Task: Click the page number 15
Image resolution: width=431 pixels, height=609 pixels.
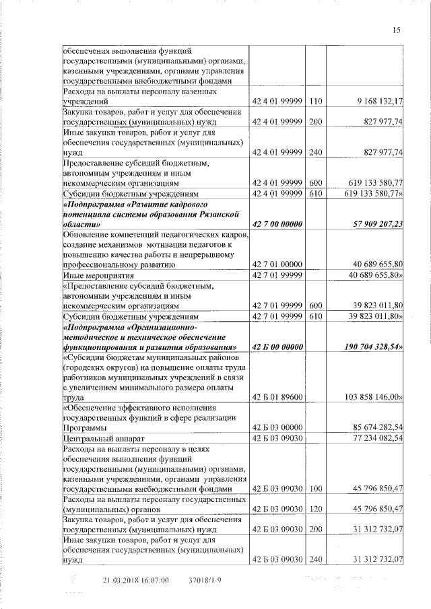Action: click(397, 29)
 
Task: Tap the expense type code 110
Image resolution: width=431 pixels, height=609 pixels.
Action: click(315, 102)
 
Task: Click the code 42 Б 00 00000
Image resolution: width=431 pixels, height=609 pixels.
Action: click(277, 347)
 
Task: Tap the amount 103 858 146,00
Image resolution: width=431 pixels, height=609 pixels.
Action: click(374, 398)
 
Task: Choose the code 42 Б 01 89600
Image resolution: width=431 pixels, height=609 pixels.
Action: click(277, 398)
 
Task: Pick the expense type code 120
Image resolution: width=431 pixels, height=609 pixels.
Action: click(315, 508)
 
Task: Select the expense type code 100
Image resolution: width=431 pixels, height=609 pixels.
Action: click(315, 488)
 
